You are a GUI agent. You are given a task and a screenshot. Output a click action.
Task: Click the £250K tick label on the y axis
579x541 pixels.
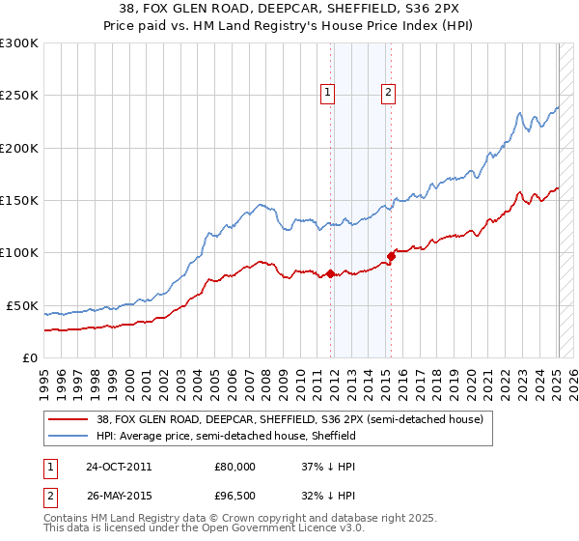tap(19, 96)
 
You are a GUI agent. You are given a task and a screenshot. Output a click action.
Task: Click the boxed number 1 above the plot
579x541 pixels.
tap(328, 93)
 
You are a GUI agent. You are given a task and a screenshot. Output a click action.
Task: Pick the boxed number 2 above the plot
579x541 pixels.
tap(388, 93)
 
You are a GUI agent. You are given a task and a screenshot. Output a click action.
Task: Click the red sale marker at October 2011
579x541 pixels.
tap(330, 273)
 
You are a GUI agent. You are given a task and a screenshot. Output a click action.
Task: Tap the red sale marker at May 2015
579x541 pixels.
tap(392, 256)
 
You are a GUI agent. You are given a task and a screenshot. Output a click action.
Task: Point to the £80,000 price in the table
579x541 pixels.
tap(234, 466)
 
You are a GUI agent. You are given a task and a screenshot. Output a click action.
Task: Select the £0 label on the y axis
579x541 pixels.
tap(28, 357)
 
